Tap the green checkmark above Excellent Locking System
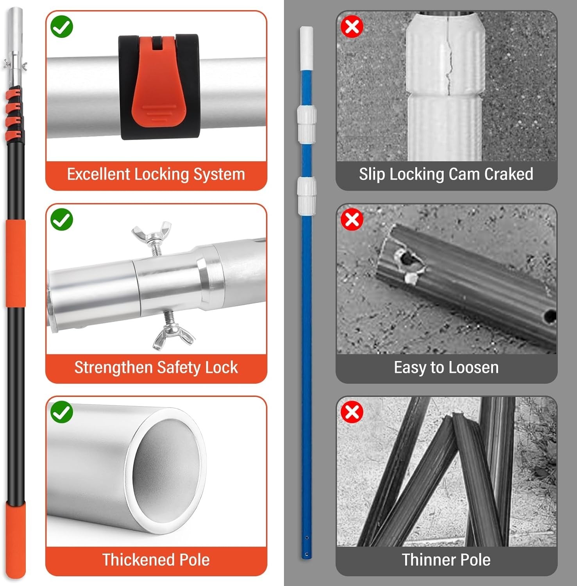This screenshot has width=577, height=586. (62, 27)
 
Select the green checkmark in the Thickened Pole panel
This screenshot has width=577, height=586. (62, 412)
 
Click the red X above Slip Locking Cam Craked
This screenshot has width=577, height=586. (352, 27)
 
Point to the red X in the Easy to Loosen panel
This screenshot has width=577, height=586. (352, 219)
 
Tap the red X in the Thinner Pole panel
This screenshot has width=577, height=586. (352, 412)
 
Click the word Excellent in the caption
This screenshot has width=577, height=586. (98, 174)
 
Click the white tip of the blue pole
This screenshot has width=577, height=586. (307, 47)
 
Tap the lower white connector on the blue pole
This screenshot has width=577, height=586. (307, 195)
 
